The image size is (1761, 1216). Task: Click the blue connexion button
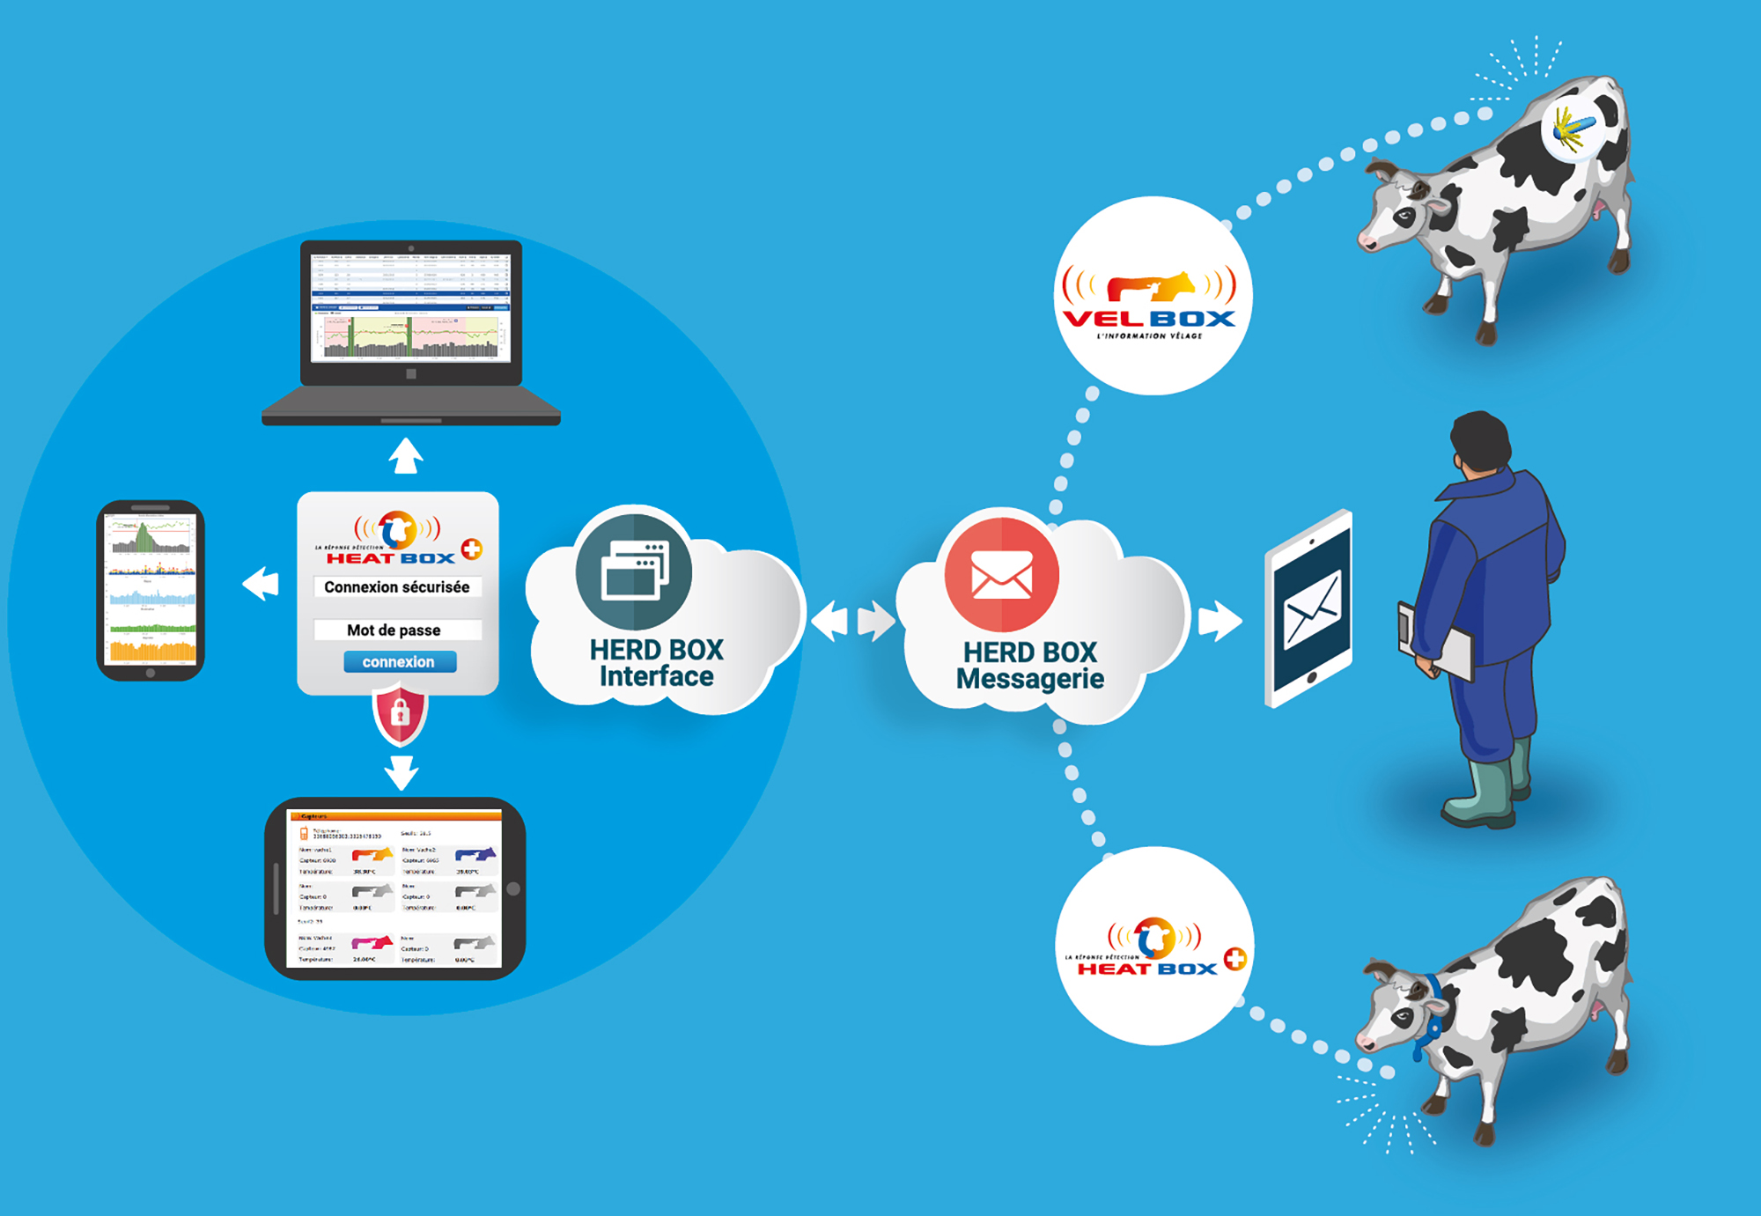[400, 662]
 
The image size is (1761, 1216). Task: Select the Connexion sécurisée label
[397, 587]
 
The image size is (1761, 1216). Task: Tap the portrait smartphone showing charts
[151, 590]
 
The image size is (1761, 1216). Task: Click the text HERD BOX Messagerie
[1030, 666]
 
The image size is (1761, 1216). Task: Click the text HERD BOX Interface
[657, 663]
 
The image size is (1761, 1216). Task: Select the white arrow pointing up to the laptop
[406, 455]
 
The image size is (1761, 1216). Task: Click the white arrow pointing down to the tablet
[402, 772]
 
